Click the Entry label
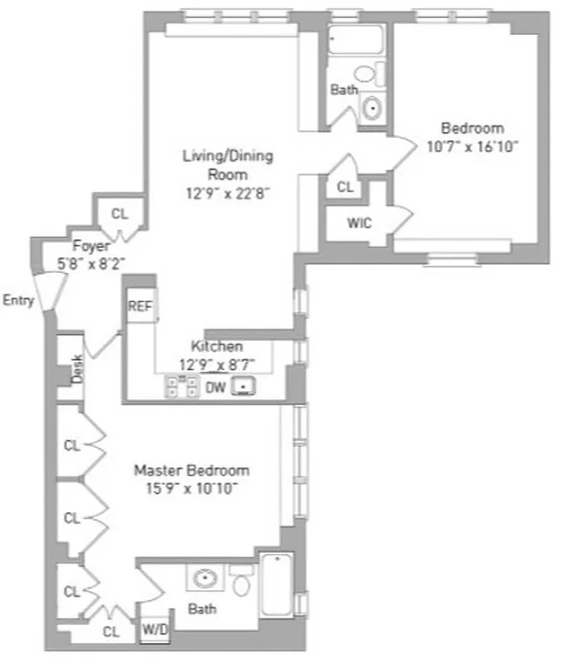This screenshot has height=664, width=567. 18,300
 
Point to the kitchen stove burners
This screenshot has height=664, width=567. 182,385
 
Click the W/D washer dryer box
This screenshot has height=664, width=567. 155,629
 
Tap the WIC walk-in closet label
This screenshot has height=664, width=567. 359,223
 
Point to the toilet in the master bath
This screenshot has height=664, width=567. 242,582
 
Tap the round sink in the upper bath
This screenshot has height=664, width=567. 373,107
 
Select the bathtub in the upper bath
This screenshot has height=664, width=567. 355,39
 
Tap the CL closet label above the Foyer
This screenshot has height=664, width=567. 120,214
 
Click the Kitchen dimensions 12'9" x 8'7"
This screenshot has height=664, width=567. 218,364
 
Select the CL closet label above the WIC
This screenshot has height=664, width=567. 345,187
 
